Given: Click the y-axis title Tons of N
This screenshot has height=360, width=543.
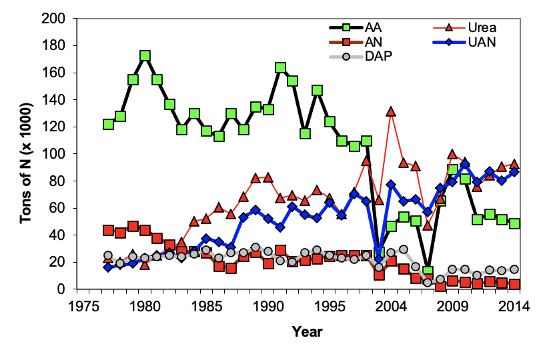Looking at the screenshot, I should (x=25, y=154).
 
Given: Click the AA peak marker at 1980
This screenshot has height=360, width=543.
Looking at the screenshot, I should (x=145, y=56).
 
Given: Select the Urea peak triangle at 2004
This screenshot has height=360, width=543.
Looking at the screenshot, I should (x=391, y=111).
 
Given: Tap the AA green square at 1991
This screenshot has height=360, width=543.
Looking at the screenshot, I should (x=280, y=68).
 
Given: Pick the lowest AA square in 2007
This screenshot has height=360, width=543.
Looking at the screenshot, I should (x=428, y=272).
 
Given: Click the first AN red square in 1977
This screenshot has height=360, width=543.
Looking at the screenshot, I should (x=108, y=230).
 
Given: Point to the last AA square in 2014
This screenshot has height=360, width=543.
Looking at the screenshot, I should (x=514, y=224).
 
